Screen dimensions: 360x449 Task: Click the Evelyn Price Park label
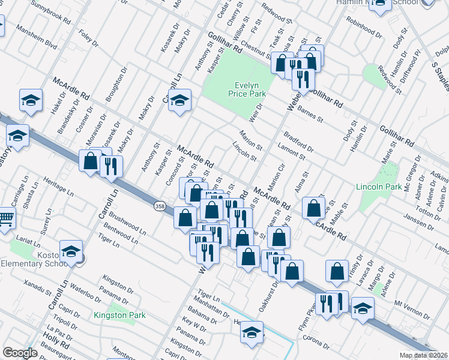point(246,89)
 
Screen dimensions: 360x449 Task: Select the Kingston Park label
point(120,314)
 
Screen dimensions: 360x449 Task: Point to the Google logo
point(20,353)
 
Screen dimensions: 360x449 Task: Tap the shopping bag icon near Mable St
point(314,208)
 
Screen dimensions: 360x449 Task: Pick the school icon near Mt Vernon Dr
point(363,308)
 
